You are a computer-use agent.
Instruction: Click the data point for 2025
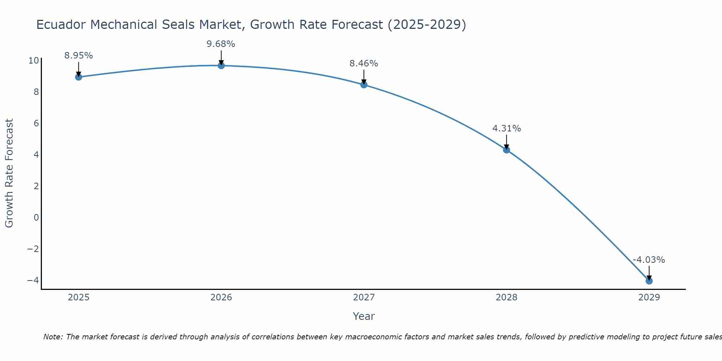(x=78, y=77)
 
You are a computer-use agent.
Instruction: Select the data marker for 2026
(x=221, y=66)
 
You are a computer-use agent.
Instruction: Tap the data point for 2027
(x=364, y=85)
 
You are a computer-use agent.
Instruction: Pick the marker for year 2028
(x=506, y=150)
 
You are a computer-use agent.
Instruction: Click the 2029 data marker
(x=649, y=281)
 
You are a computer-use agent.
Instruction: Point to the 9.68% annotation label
(x=221, y=44)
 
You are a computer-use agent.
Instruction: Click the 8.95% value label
(x=78, y=56)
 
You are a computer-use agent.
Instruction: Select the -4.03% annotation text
(x=649, y=260)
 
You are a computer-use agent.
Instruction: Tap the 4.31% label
(x=506, y=129)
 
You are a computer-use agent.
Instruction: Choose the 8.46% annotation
(x=364, y=64)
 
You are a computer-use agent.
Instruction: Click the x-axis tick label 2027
(x=364, y=297)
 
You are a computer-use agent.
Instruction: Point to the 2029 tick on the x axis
(x=649, y=297)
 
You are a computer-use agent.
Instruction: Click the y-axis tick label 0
(x=36, y=218)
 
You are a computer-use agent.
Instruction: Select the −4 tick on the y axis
(x=33, y=280)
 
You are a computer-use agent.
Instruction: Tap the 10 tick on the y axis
(x=33, y=60)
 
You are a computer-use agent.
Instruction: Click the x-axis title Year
(x=364, y=316)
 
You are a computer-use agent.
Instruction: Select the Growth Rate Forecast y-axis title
(x=9, y=173)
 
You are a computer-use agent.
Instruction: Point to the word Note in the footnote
(x=53, y=337)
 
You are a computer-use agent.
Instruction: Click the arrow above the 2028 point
(x=506, y=142)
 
